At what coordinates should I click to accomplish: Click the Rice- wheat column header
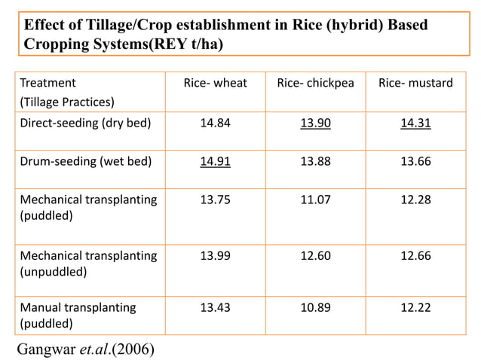[215, 83]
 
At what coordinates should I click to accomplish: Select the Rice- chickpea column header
[315, 83]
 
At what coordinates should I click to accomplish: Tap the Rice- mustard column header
[415, 83]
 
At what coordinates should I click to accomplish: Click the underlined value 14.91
[215, 161]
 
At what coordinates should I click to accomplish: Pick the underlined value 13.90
[315, 123]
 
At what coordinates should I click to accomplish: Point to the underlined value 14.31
[415, 123]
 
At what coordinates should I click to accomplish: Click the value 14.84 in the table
[215, 123]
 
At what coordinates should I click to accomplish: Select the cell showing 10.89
[315, 307]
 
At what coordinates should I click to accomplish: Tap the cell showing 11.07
[315, 200]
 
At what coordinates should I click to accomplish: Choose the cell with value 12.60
[315, 256]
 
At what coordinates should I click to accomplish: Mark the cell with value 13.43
[215, 307]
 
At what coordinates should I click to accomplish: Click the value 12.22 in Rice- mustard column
[415, 307]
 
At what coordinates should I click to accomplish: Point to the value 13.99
[215, 256]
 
